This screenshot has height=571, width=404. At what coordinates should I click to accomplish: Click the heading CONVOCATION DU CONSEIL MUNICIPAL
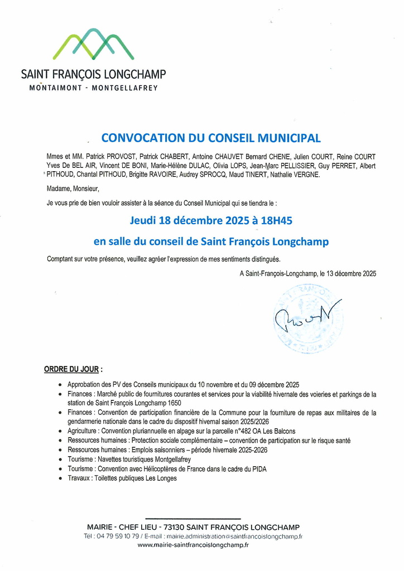coord(211,138)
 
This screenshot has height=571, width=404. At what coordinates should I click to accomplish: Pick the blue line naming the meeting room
coord(211,241)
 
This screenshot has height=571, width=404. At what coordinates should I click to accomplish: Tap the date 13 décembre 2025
coord(351,274)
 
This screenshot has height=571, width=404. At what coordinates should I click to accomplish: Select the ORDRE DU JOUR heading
coord(71,369)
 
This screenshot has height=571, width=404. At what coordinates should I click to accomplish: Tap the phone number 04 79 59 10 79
coord(112,536)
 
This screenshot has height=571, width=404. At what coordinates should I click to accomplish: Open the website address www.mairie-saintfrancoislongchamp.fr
coord(193,545)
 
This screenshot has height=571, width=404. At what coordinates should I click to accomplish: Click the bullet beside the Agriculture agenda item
coord(60,432)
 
